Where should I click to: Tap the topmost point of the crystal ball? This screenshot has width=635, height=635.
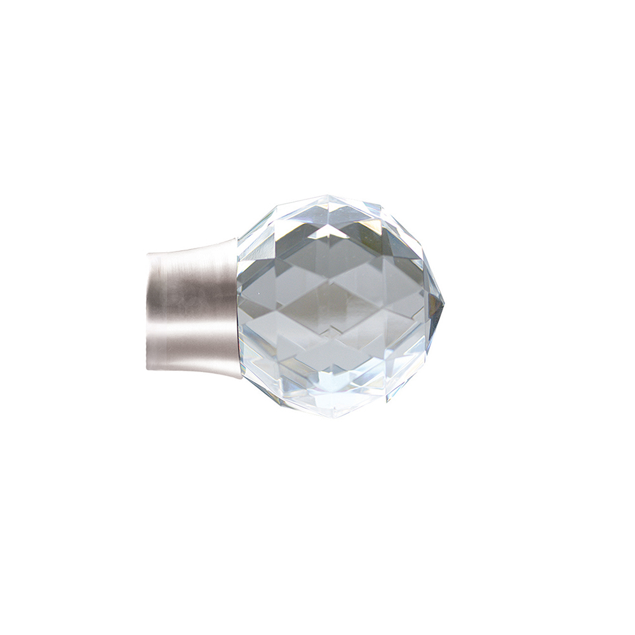point(330,196)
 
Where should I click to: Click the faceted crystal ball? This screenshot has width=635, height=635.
point(337,305)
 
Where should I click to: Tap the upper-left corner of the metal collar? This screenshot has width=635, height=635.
point(149,254)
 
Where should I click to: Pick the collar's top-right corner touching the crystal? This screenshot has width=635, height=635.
point(236,240)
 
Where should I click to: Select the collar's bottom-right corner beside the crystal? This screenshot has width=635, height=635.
point(240,378)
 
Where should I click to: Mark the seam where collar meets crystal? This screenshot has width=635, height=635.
point(239,308)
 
